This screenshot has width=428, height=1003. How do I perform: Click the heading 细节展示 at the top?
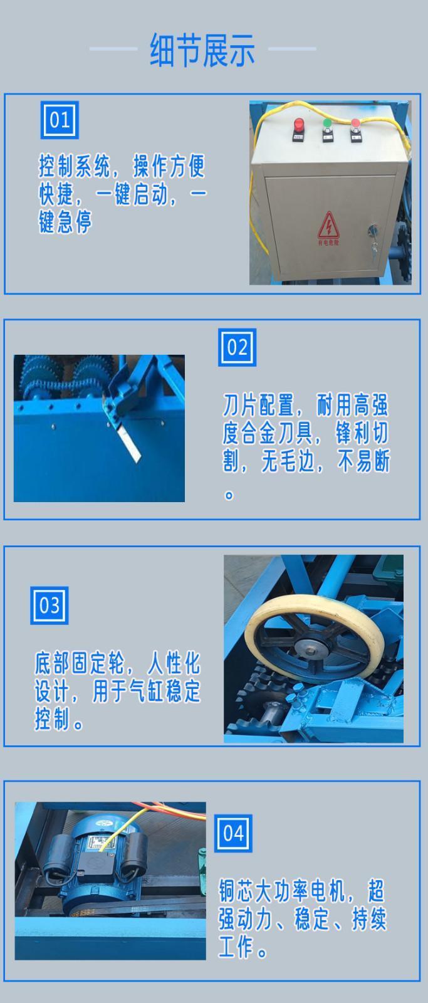click(202, 50)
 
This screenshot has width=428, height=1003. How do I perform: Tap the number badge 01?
click(60, 120)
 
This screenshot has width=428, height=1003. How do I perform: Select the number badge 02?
click(237, 347)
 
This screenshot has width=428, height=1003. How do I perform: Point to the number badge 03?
click(50, 606)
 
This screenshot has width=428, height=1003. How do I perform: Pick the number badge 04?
click(233, 833)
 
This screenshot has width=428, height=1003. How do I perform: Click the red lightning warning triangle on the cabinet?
click(328, 225)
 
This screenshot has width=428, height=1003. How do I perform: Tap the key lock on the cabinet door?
click(372, 233)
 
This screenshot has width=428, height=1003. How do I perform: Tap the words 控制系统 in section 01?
click(75, 166)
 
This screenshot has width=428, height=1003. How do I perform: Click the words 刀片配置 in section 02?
click(259, 405)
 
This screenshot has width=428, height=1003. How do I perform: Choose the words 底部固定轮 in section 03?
click(80, 663)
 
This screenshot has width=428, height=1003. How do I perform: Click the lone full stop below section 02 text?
click(229, 495)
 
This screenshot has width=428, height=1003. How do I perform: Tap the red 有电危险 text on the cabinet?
click(328, 243)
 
